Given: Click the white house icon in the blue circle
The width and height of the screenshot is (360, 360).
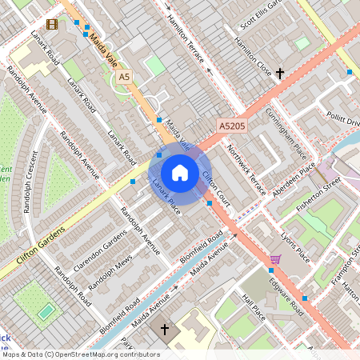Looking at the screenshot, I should pos(180,173).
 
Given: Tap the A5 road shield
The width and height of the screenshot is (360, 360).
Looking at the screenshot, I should pos(124,77).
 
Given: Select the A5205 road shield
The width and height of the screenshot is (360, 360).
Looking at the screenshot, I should pos(231,126).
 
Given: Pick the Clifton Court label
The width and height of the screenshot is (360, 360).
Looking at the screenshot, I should pos(217,189).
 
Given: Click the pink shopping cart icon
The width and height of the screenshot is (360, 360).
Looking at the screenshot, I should pos(275,259).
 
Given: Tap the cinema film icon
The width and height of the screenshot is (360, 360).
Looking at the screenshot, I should pos(52,24).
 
